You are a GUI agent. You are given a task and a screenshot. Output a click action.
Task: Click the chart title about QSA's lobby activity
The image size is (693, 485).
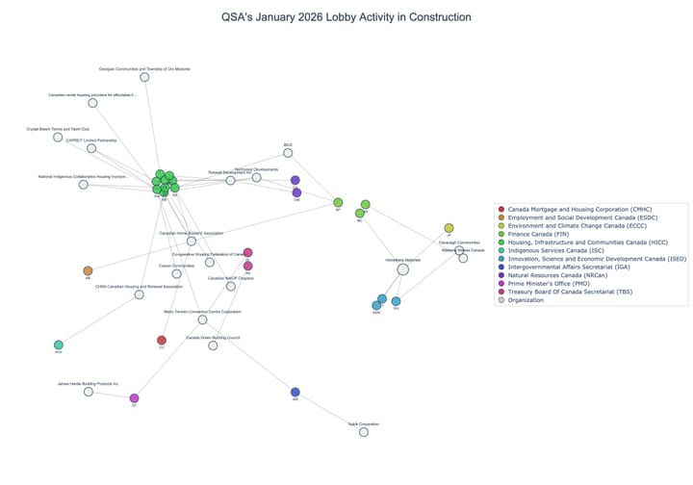[x=346, y=17]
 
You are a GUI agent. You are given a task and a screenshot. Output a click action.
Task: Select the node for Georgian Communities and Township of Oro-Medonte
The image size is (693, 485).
[x=144, y=76]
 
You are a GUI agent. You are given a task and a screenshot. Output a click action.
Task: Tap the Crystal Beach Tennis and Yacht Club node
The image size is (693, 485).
[x=58, y=138]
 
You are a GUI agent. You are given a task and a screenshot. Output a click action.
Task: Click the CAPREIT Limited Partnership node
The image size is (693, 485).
[x=91, y=148]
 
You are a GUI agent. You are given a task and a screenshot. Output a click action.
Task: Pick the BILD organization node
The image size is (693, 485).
[x=288, y=153]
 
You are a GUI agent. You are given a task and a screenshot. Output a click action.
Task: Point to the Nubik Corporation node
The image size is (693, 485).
[x=364, y=432]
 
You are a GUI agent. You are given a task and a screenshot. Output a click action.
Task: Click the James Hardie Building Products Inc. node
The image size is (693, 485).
[x=89, y=392]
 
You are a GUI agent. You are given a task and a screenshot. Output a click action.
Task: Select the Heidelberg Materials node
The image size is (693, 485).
[x=402, y=269]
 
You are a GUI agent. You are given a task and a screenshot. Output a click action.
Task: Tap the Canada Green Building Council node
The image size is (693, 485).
[x=213, y=345]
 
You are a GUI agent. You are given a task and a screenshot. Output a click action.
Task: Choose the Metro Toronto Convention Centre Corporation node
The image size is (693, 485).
[x=202, y=319]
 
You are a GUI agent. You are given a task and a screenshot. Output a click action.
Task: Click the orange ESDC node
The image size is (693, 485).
[x=88, y=271]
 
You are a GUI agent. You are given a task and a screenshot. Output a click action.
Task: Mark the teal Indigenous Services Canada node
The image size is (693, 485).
[x=59, y=345]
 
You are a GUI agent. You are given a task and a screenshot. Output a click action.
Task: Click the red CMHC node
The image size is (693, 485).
[x=162, y=340]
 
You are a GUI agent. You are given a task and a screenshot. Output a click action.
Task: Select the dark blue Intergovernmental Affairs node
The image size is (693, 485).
[x=295, y=392]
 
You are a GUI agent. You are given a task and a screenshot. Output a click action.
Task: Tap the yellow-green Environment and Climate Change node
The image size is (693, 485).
[x=449, y=228]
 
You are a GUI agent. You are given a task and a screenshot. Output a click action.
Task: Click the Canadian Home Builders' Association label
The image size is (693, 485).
[x=191, y=233]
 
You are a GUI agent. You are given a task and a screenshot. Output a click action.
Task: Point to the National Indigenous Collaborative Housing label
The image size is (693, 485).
[x=83, y=177]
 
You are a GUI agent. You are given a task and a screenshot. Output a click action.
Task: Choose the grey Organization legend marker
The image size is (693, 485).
[x=500, y=300]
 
